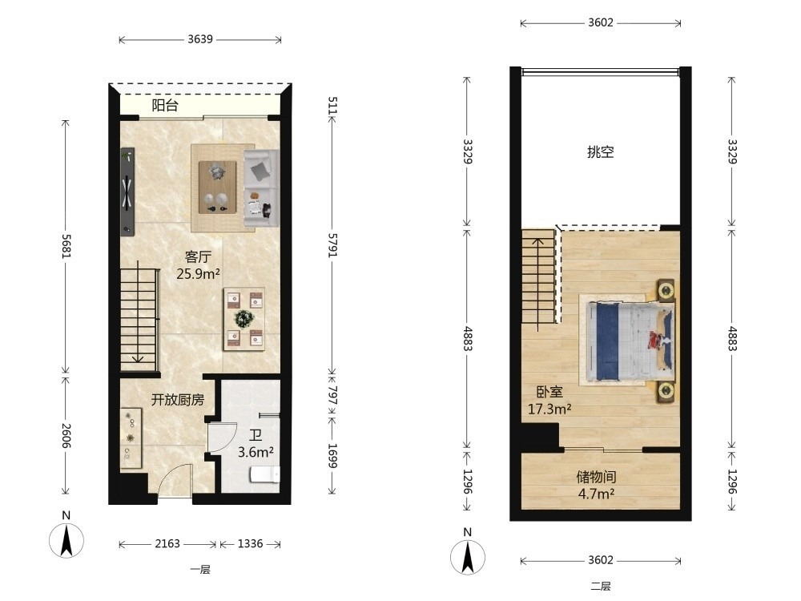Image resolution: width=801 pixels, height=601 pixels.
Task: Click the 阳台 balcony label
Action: pyautogui.click(x=165, y=106)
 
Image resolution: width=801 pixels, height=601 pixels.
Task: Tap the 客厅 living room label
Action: pyautogui.click(x=198, y=256)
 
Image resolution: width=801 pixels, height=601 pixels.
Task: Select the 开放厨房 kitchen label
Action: pyautogui.click(x=177, y=400)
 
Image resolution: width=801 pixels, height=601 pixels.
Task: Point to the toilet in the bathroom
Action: pyautogui.click(x=264, y=474)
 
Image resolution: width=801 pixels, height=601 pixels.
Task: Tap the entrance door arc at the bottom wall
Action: pyautogui.click(x=167, y=473)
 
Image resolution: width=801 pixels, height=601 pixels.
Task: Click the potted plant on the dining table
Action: pyautogui.click(x=244, y=319)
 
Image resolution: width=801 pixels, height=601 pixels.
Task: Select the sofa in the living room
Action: pyautogui.click(x=261, y=188)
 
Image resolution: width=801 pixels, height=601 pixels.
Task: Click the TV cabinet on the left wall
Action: pyautogui.click(x=127, y=192)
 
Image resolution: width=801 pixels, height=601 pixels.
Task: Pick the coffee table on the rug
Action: pyautogui.click(x=218, y=188)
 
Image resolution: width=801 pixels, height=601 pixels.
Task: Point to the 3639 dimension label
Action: pyautogui.click(x=200, y=39)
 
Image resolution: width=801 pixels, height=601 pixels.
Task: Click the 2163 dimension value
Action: pyautogui.click(x=167, y=544)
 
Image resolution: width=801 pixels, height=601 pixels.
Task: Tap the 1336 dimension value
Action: pyautogui.click(x=250, y=544)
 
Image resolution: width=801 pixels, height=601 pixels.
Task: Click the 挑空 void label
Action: pyautogui.click(x=600, y=151)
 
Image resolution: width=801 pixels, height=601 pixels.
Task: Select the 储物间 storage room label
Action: pyautogui.click(x=596, y=477)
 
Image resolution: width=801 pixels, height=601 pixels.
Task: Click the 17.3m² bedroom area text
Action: pyautogui.click(x=549, y=409)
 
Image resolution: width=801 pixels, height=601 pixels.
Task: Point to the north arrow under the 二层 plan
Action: pyautogui.click(x=468, y=557)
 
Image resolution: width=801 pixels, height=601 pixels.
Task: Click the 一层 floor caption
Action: pyautogui.click(x=200, y=569)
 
